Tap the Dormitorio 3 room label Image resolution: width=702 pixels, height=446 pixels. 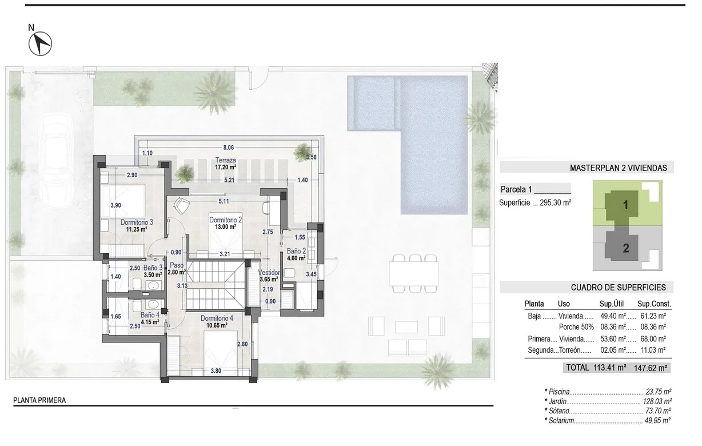coord(137,222)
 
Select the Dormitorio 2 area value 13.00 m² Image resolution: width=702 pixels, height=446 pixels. coord(225,226)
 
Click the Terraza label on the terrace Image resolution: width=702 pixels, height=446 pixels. coord(224,160)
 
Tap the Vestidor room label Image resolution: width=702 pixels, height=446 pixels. coord(269,273)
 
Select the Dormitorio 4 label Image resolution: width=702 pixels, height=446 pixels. coord(217,318)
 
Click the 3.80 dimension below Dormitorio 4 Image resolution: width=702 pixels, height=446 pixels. coord(216,371)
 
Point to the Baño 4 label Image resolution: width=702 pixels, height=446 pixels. coord(151,314)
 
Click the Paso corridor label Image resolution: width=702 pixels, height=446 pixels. coord(176,266)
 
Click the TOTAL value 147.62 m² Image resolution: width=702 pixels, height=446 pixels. coord(650,368)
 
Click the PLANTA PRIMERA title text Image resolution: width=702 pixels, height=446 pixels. coord(39,400)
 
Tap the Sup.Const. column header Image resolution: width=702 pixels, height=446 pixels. coord(654,304)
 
